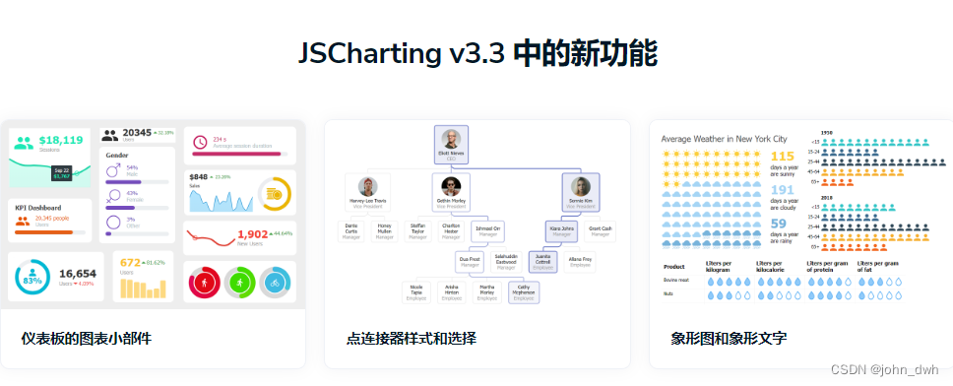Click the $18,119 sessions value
[61, 140]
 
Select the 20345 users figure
[137, 133]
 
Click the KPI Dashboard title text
[38, 208]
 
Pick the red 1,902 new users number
[253, 234]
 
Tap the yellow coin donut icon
[275, 192]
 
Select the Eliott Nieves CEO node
[451, 146]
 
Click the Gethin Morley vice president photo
[451, 186]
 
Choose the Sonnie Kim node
[581, 192]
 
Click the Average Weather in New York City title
[724, 139]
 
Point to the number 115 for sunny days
[782, 156]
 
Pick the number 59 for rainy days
[778, 224]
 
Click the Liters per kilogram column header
[723, 267]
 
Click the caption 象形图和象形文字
[729, 339]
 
